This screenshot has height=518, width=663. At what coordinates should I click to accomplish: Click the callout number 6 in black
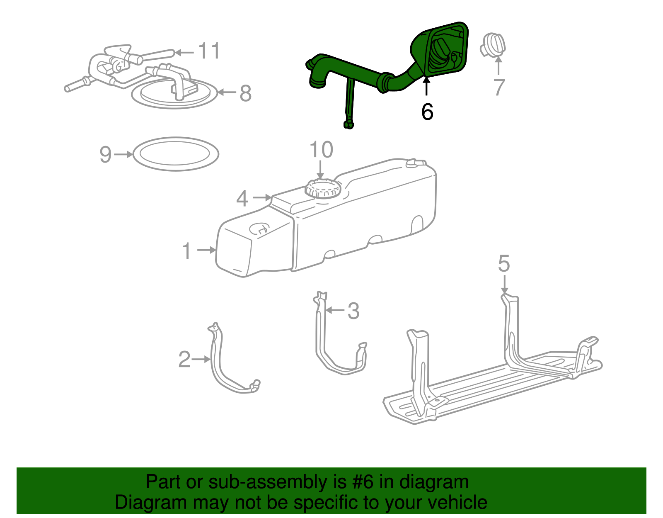click(x=427, y=112)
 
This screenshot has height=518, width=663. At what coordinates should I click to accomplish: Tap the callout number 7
click(x=499, y=88)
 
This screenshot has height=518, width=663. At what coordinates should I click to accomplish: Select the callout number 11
click(x=209, y=51)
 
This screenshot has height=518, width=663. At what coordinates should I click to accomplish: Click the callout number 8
click(x=246, y=93)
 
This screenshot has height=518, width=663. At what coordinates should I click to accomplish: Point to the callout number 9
click(x=106, y=155)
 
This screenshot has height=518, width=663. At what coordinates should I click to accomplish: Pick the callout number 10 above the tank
click(x=321, y=150)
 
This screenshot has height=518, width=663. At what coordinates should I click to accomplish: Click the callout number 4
click(x=242, y=199)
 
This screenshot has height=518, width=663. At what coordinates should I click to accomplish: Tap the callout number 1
click(x=187, y=251)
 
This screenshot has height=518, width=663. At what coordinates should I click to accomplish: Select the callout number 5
click(x=504, y=264)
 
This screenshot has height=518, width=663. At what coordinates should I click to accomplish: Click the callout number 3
click(x=353, y=311)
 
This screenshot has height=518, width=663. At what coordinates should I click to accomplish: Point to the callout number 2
click(x=184, y=360)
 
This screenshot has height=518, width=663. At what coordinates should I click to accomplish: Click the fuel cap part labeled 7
click(x=493, y=46)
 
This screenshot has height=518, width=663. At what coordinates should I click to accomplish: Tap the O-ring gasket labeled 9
click(x=176, y=166)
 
